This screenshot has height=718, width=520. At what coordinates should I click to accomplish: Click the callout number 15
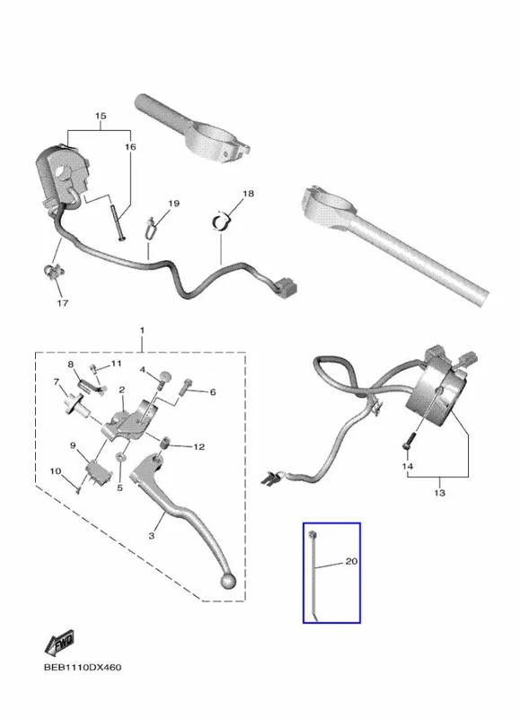click(101, 116)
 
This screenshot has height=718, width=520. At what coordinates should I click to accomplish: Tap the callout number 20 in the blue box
click(351, 561)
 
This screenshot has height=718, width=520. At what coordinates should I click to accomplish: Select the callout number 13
click(439, 493)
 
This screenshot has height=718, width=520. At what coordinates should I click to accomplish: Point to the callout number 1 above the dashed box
click(142, 330)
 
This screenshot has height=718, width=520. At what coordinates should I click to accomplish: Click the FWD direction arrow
click(59, 642)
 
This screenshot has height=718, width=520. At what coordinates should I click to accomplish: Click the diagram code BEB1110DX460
click(83, 667)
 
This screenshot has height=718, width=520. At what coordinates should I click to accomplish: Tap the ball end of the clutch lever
click(228, 581)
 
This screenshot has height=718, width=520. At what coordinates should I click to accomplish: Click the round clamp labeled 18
click(222, 222)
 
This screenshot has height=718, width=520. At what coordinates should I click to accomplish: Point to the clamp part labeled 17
click(54, 271)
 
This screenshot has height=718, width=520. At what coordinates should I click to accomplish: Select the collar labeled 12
click(165, 443)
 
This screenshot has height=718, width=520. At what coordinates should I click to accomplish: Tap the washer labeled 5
click(120, 457)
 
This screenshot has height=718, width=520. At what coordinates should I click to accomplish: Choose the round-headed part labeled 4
click(164, 380)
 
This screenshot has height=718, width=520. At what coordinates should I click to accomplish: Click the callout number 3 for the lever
click(152, 535)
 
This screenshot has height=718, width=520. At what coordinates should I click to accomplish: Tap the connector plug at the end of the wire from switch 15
click(287, 286)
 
